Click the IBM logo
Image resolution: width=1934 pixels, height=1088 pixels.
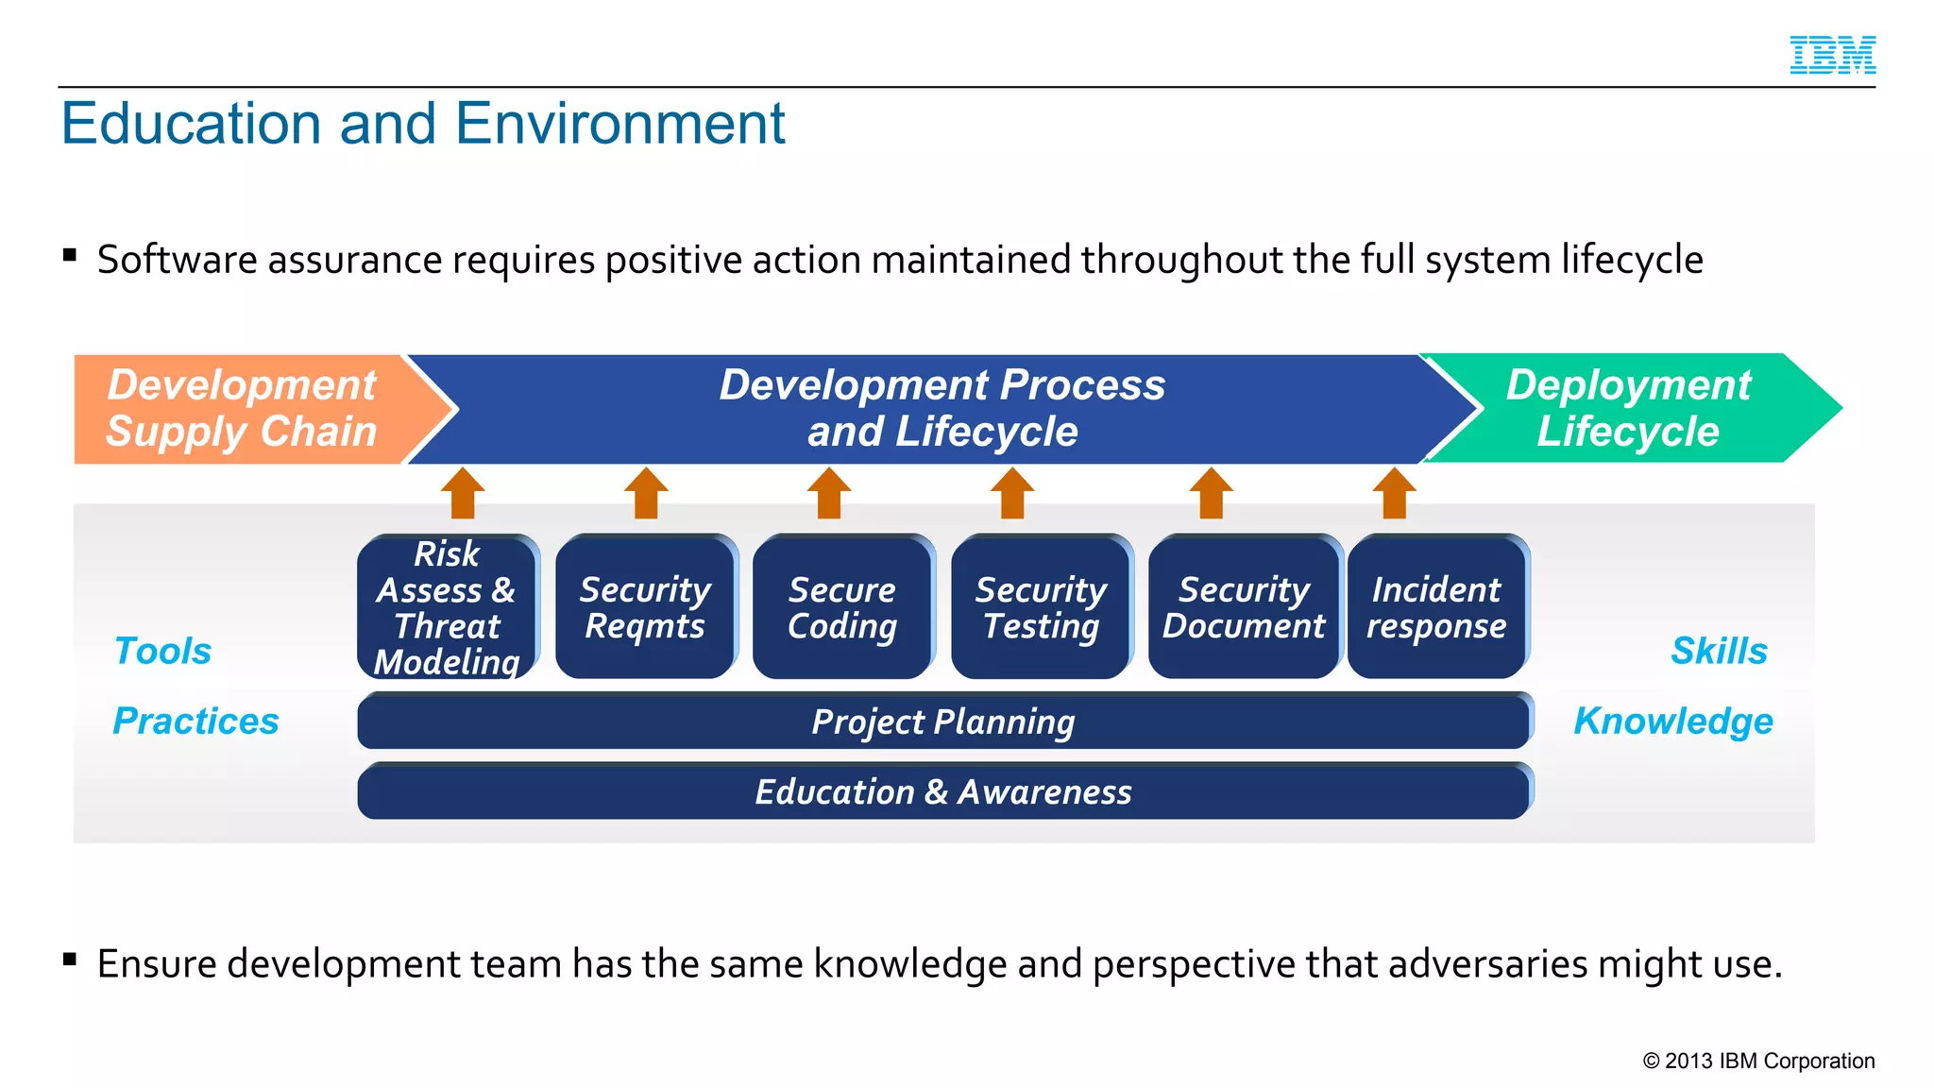tap(1832, 55)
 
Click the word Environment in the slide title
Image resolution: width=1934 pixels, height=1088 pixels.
tap(619, 124)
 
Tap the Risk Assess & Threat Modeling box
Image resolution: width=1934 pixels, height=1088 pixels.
tap(447, 607)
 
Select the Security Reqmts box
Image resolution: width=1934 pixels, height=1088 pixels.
tap(645, 607)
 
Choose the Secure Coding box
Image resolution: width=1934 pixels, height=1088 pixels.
tap(842, 607)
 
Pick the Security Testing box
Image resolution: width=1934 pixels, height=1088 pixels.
tap(1041, 607)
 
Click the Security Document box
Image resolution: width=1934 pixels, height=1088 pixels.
tap(1244, 607)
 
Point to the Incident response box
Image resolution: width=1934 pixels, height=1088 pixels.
tap(1436, 607)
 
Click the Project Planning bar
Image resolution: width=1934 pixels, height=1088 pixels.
tap(943, 722)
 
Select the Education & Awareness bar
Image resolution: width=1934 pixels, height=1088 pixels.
tap(943, 791)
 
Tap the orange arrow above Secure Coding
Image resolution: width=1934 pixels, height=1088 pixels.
tap(829, 493)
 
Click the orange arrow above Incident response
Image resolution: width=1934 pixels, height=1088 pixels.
tap(1394, 493)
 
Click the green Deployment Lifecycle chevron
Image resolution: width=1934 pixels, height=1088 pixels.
tap(1628, 409)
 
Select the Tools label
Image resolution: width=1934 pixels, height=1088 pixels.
tap(162, 651)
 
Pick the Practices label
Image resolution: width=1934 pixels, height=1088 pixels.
tap(195, 721)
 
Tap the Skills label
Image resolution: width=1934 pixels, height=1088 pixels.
tap(1719, 651)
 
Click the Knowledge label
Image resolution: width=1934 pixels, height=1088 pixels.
tap(1673, 721)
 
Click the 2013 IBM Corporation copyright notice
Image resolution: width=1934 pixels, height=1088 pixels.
tap(1758, 1061)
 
